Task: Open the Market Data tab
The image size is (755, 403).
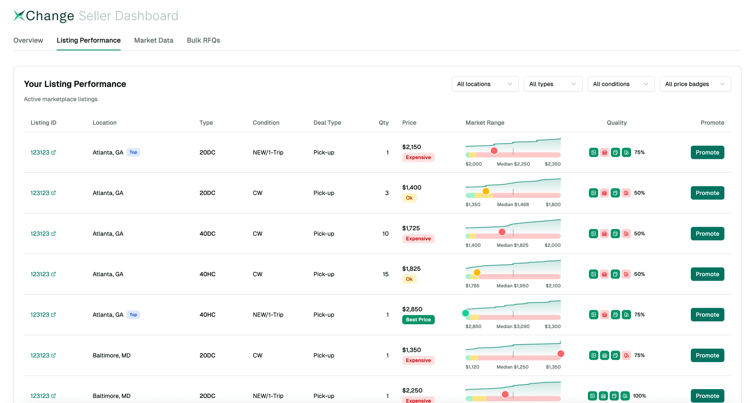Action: pyautogui.click(x=153, y=40)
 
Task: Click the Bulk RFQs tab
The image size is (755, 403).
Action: pyautogui.click(x=203, y=40)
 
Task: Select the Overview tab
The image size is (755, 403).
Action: pyautogui.click(x=28, y=40)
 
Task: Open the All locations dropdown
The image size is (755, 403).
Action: pyautogui.click(x=485, y=84)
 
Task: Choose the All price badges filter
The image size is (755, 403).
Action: pyautogui.click(x=695, y=84)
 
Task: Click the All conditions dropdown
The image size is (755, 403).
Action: pyautogui.click(x=621, y=84)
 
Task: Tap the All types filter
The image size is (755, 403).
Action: pyautogui.click(x=552, y=84)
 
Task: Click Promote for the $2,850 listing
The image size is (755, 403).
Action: pyautogui.click(x=707, y=314)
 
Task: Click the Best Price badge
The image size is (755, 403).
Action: pyautogui.click(x=418, y=320)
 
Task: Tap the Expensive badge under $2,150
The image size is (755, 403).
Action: pyautogui.click(x=418, y=157)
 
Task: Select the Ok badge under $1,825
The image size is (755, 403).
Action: pyautogui.click(x=409, y=279)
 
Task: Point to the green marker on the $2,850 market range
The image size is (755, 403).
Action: pyautogui.click(x=466, y=313)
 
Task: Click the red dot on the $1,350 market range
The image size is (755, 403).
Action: pyautogui.click(x=561, y=354)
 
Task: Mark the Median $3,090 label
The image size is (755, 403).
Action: pyautogui.click(x=513, y=326)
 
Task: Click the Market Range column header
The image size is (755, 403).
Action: pyautogui.click(x=484, y=122)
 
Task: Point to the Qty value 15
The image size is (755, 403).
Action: pyautogui.click(x=385, y=274)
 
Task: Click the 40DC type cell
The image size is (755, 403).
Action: pyautogui.click(x=207, y=233)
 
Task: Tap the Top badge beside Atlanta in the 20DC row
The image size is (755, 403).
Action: pyautogui.click(x=133, y=152)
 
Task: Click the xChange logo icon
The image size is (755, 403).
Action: pyautogui.click(x=19, y=16)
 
